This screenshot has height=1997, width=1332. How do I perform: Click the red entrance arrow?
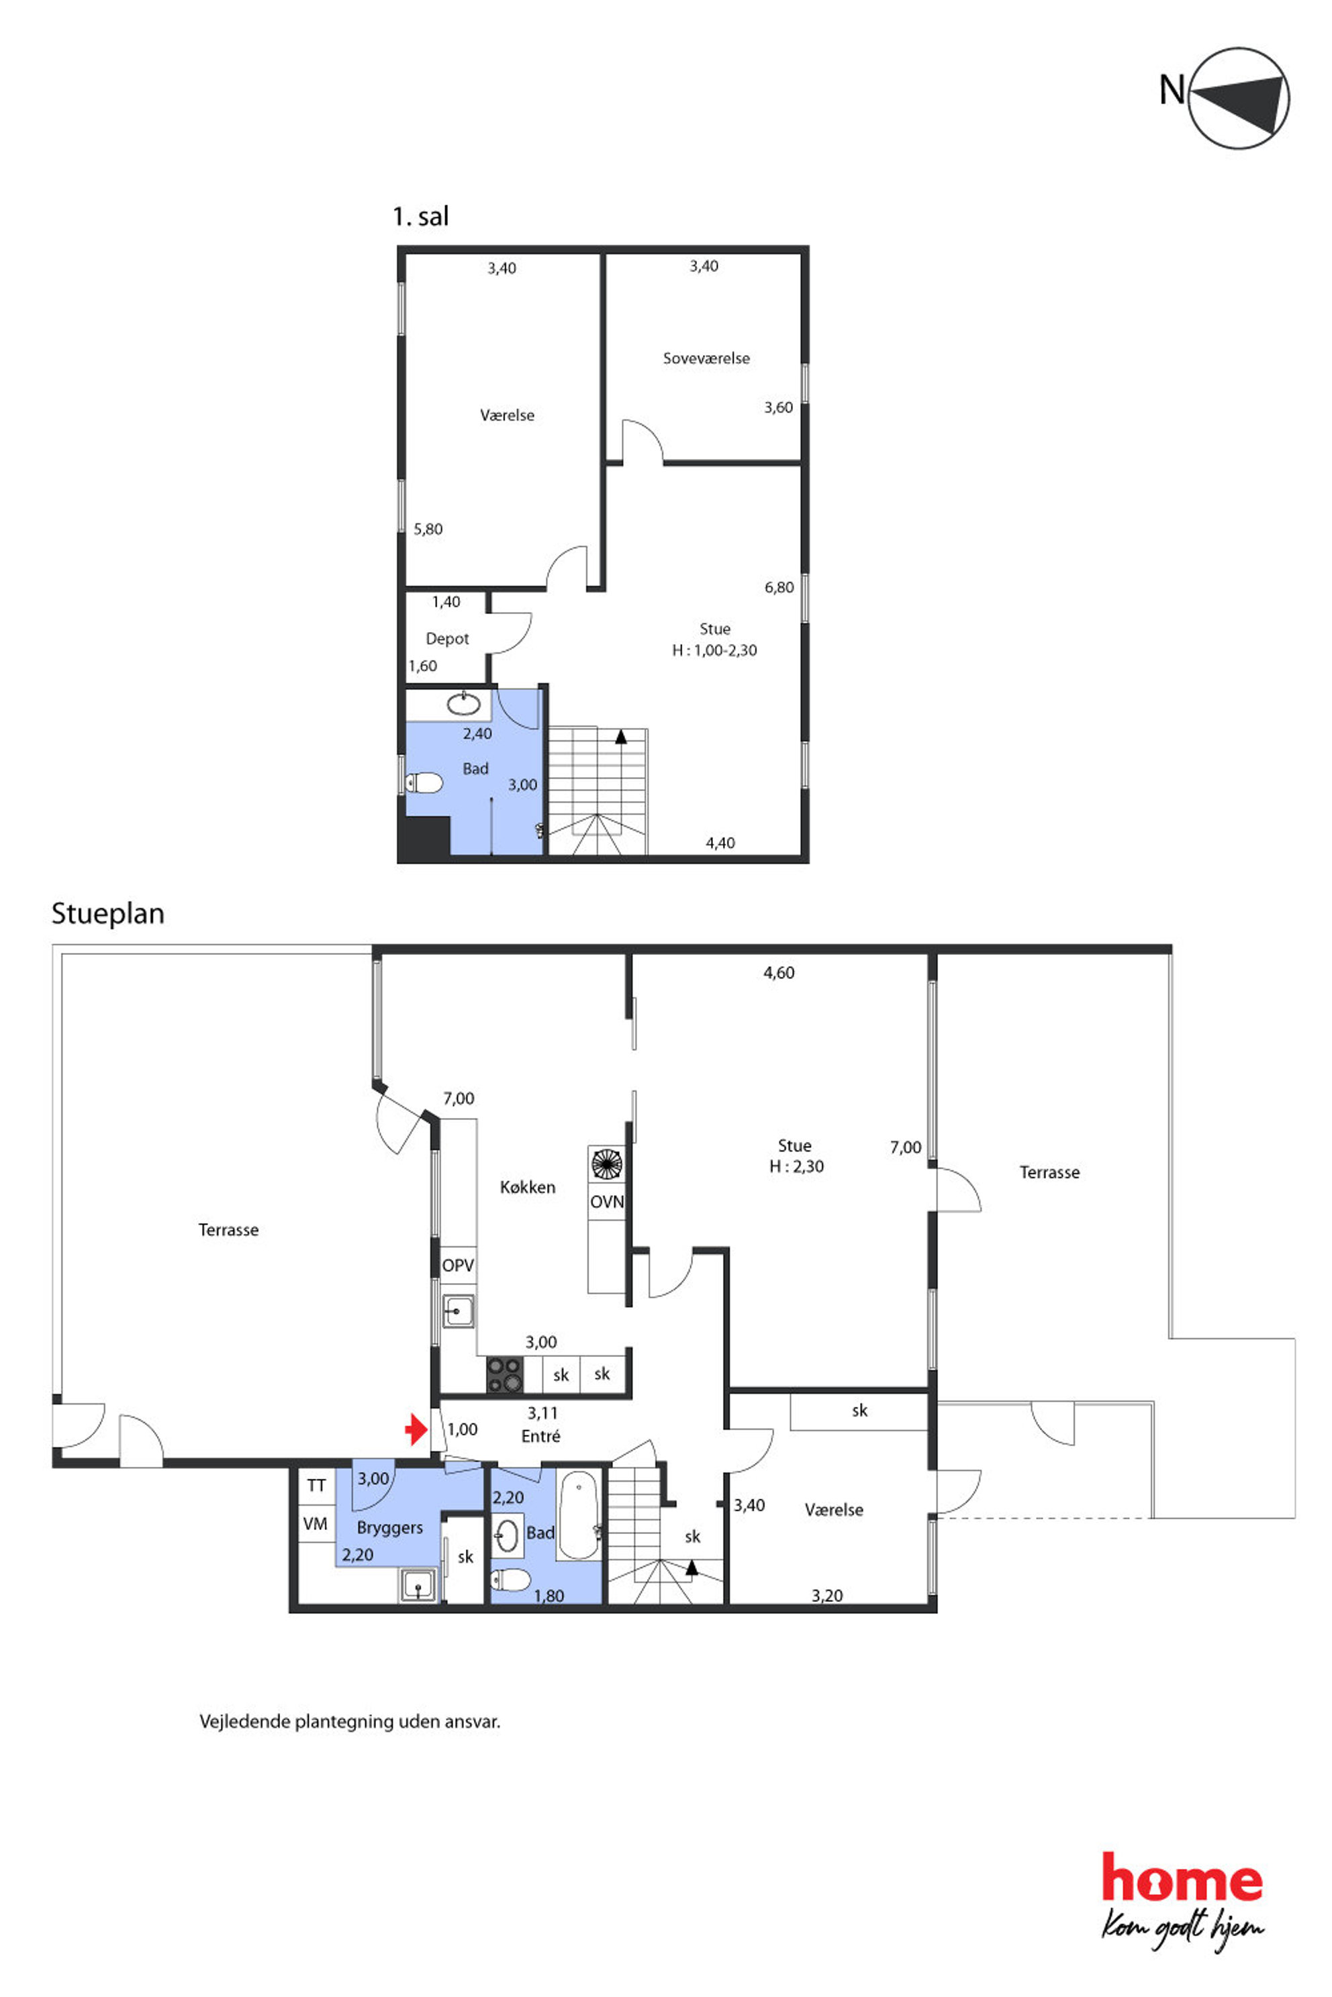[416, 1429]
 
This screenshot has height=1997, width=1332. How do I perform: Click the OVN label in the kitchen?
[606, 1201]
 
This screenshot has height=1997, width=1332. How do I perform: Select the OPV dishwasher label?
[458, 1265]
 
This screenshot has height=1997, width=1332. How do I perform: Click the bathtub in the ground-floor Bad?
[579, 1517]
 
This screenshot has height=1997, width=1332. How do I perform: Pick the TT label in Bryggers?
[316, 1485]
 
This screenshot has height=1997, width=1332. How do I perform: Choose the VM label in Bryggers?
[315, 1524]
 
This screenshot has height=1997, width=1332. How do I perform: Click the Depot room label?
[448, 639]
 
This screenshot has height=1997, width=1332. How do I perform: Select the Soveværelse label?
[707, 358]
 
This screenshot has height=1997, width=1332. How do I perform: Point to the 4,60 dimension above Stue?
[779, 972]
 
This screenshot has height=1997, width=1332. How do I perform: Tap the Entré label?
[541, 1436]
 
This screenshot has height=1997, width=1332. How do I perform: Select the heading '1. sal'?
[420, 217]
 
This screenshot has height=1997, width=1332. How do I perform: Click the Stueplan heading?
[108, 913]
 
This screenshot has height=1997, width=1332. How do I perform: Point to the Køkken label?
[528, 1187]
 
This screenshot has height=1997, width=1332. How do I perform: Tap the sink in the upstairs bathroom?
[464, 704]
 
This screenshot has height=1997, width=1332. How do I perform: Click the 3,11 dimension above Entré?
[542, 1413]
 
